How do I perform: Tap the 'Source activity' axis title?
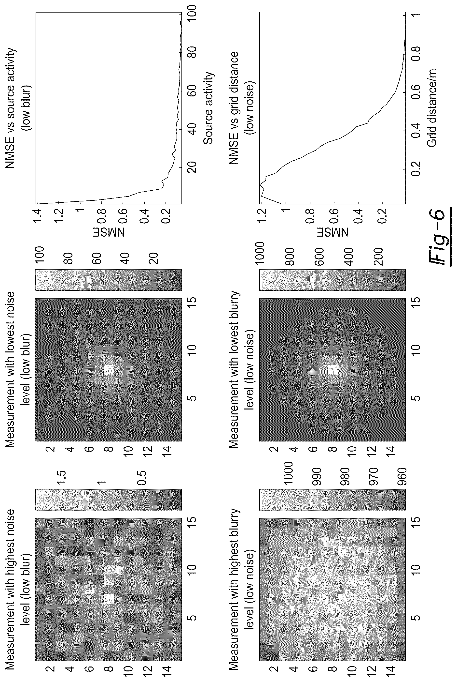click(x=208, y=108)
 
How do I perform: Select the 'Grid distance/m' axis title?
click(x=431, y=108)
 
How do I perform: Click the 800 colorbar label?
click(x=290, y=257)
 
